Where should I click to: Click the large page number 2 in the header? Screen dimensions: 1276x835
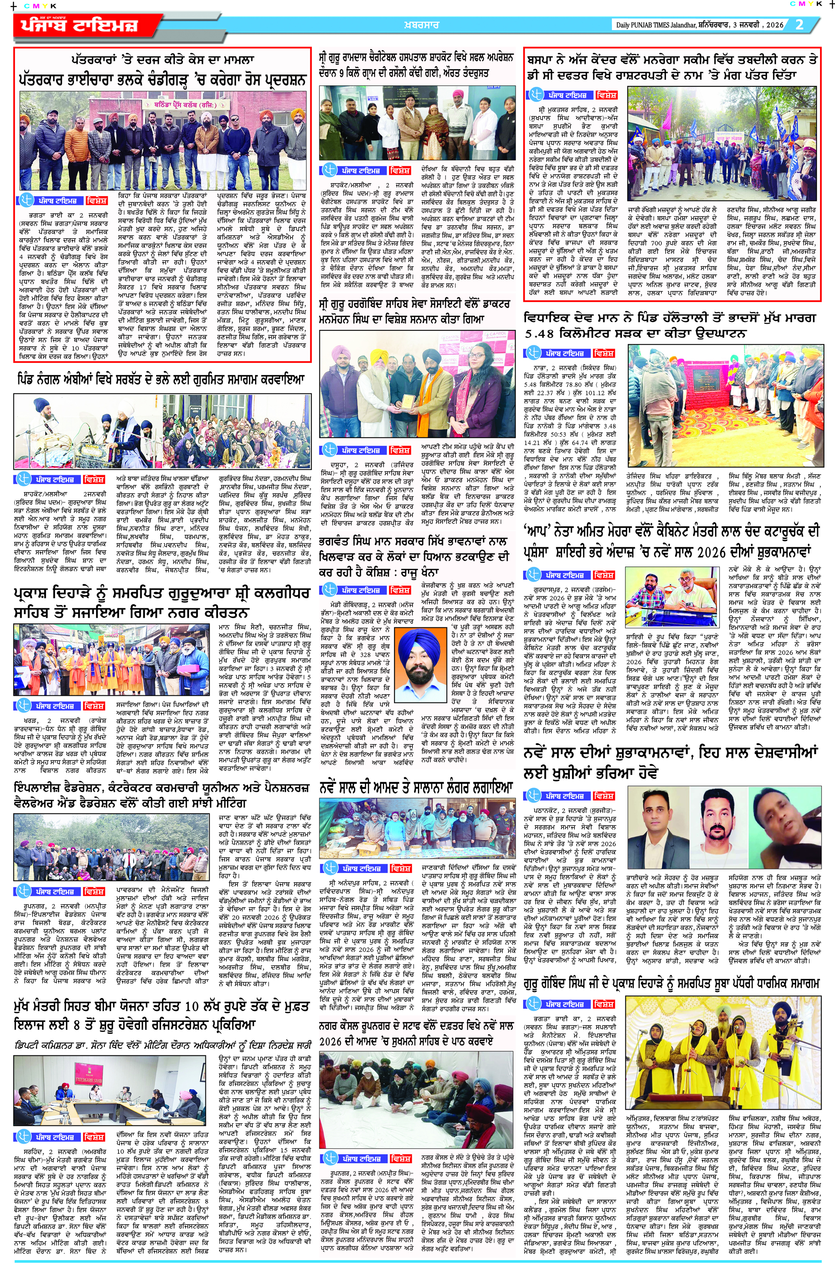800,24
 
